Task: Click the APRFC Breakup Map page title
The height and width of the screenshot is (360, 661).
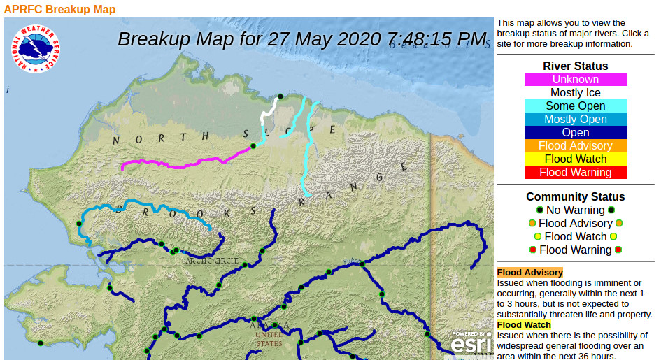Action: pos(59,9)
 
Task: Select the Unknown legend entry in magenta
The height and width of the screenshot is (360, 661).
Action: pos(576,80)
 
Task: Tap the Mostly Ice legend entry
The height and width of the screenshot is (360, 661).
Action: pos(576,93)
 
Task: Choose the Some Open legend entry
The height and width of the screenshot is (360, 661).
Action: pos(576,106)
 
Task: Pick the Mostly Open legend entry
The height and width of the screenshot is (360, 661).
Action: pos(576,120)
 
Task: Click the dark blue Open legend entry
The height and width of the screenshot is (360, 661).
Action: pos(576,133)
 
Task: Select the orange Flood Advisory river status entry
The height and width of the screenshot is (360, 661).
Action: pos(576,146)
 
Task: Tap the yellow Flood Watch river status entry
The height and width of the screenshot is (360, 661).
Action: pos(576,159)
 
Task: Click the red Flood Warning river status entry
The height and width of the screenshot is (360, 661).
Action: pos(576,173)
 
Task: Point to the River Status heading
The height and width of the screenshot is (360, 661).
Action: pos(576,66)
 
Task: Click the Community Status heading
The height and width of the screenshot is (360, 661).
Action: pos(576,197)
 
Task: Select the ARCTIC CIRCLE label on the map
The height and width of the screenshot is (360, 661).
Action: pos(212,261)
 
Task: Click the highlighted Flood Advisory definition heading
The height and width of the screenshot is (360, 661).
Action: pos(529,273)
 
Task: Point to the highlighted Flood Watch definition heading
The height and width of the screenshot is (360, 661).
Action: pos(524,325)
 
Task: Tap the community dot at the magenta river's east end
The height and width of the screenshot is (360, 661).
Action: pos(253,146)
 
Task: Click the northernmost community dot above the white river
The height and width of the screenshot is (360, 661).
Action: pos(280,96)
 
